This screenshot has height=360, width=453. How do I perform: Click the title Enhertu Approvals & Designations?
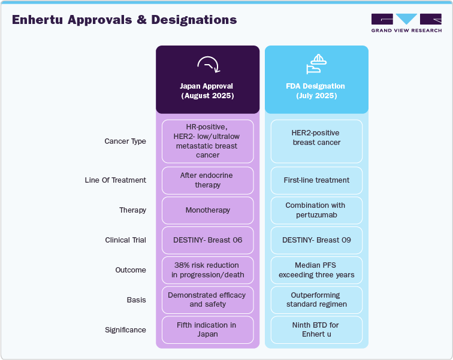124,20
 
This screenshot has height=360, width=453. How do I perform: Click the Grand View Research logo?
406,23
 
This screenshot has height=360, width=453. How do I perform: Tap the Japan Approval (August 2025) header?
207,90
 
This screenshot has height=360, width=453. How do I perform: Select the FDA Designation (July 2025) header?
316,90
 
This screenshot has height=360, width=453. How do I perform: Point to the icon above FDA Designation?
316,63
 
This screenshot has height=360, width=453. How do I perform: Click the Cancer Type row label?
125,141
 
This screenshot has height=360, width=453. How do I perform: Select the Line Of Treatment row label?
115,180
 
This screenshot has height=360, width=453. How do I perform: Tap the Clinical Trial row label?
125,240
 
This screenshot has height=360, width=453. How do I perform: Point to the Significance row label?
125,330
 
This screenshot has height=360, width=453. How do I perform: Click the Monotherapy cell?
208,210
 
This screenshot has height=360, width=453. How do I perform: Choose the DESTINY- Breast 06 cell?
208,240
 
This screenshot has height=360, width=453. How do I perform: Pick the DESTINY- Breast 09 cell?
316,240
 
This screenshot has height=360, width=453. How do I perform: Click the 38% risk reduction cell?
208,270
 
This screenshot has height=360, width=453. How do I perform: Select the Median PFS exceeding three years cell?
316,270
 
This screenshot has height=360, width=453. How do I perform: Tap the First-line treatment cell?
316,180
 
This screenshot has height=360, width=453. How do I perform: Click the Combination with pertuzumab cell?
316,210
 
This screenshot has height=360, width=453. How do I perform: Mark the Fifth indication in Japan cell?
208,330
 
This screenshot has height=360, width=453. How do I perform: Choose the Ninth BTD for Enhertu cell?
316,330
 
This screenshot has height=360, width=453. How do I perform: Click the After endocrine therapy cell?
208,180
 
